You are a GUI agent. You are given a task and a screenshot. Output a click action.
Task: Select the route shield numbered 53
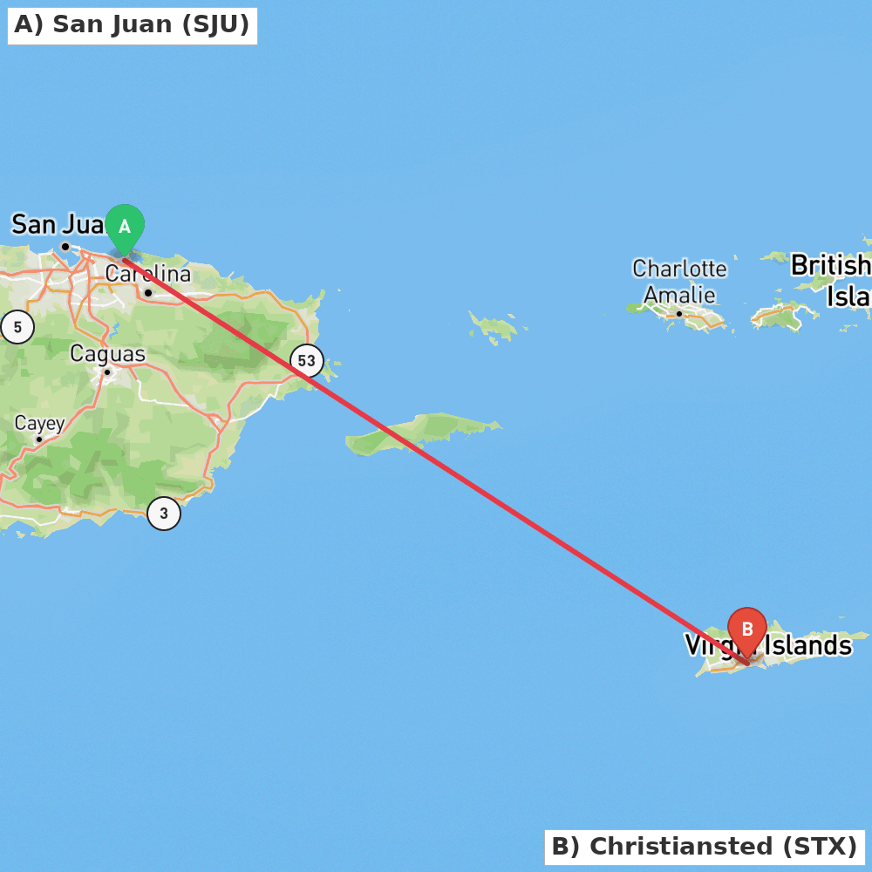point(306,360)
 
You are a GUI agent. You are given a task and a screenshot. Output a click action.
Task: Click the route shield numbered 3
point(164,514)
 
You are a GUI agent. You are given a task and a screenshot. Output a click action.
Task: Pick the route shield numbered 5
point(17,327)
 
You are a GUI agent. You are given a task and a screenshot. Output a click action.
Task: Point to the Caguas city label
point(107,354)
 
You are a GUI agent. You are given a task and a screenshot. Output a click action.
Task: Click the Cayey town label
point(39,424)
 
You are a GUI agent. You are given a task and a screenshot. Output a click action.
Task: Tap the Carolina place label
point(148,275)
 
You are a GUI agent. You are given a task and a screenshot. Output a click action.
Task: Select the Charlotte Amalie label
point(679,281)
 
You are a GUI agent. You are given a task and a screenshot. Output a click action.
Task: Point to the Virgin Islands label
point(767,645)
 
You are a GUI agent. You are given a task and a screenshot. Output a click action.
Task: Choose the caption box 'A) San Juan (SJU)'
point(132,25)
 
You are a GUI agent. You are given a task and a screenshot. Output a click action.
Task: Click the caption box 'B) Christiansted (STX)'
point(705,847)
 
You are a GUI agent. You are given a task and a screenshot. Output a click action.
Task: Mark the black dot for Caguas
point(107,372)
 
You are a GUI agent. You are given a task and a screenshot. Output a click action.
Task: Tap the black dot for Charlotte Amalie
point(679,313)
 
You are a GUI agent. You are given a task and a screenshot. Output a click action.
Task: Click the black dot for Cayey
point(39,439)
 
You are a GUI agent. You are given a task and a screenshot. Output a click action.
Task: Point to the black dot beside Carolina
point(148,293)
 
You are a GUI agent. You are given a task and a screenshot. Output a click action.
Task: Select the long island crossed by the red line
point(419,433)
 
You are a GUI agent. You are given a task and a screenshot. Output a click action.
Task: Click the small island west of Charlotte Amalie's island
point(496,327)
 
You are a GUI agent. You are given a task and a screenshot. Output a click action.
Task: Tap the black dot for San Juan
point(65,247)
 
